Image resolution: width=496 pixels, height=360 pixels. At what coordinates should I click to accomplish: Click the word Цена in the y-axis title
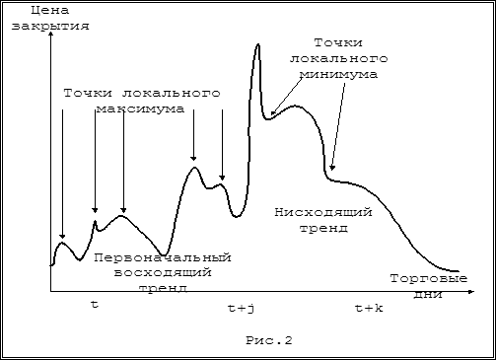(x=50, y=10)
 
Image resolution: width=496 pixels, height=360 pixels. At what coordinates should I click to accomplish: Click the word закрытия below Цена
(x=50, y=26)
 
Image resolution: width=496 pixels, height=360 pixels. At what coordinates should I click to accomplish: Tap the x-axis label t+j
(x=241, y=309)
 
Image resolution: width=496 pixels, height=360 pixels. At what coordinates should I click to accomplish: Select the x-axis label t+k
(x=369, y=309)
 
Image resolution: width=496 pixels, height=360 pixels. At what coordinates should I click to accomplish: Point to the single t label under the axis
(x=95, y=305)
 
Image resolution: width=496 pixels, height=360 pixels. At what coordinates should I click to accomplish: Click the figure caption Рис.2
(x=269, y=340)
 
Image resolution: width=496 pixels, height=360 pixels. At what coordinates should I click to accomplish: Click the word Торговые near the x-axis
(x=429, y=279)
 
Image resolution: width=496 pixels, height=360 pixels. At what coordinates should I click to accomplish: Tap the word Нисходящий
(x=323, y=212)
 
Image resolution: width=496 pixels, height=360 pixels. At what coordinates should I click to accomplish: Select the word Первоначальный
(x=163, y=257)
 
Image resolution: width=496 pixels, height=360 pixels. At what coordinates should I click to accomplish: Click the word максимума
(x=140, y=108)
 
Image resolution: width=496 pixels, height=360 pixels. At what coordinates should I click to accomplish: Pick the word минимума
(x=339, y=75)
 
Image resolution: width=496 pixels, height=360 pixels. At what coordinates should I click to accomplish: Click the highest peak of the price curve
(x=258, y=44)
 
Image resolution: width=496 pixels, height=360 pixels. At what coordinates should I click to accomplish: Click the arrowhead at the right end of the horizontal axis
(x=471, y=291)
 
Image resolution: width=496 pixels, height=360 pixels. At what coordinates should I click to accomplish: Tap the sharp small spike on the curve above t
(x=95, y=222)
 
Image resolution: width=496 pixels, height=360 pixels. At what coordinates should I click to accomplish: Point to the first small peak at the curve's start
(x=62, y=243)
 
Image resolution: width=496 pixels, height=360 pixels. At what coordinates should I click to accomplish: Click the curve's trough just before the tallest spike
(x=237, y=216)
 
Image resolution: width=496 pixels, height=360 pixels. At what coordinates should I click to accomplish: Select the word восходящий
(x=163, y=273)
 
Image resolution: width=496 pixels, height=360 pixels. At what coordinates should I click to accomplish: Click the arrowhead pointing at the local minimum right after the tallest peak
(x=272, y=112)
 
